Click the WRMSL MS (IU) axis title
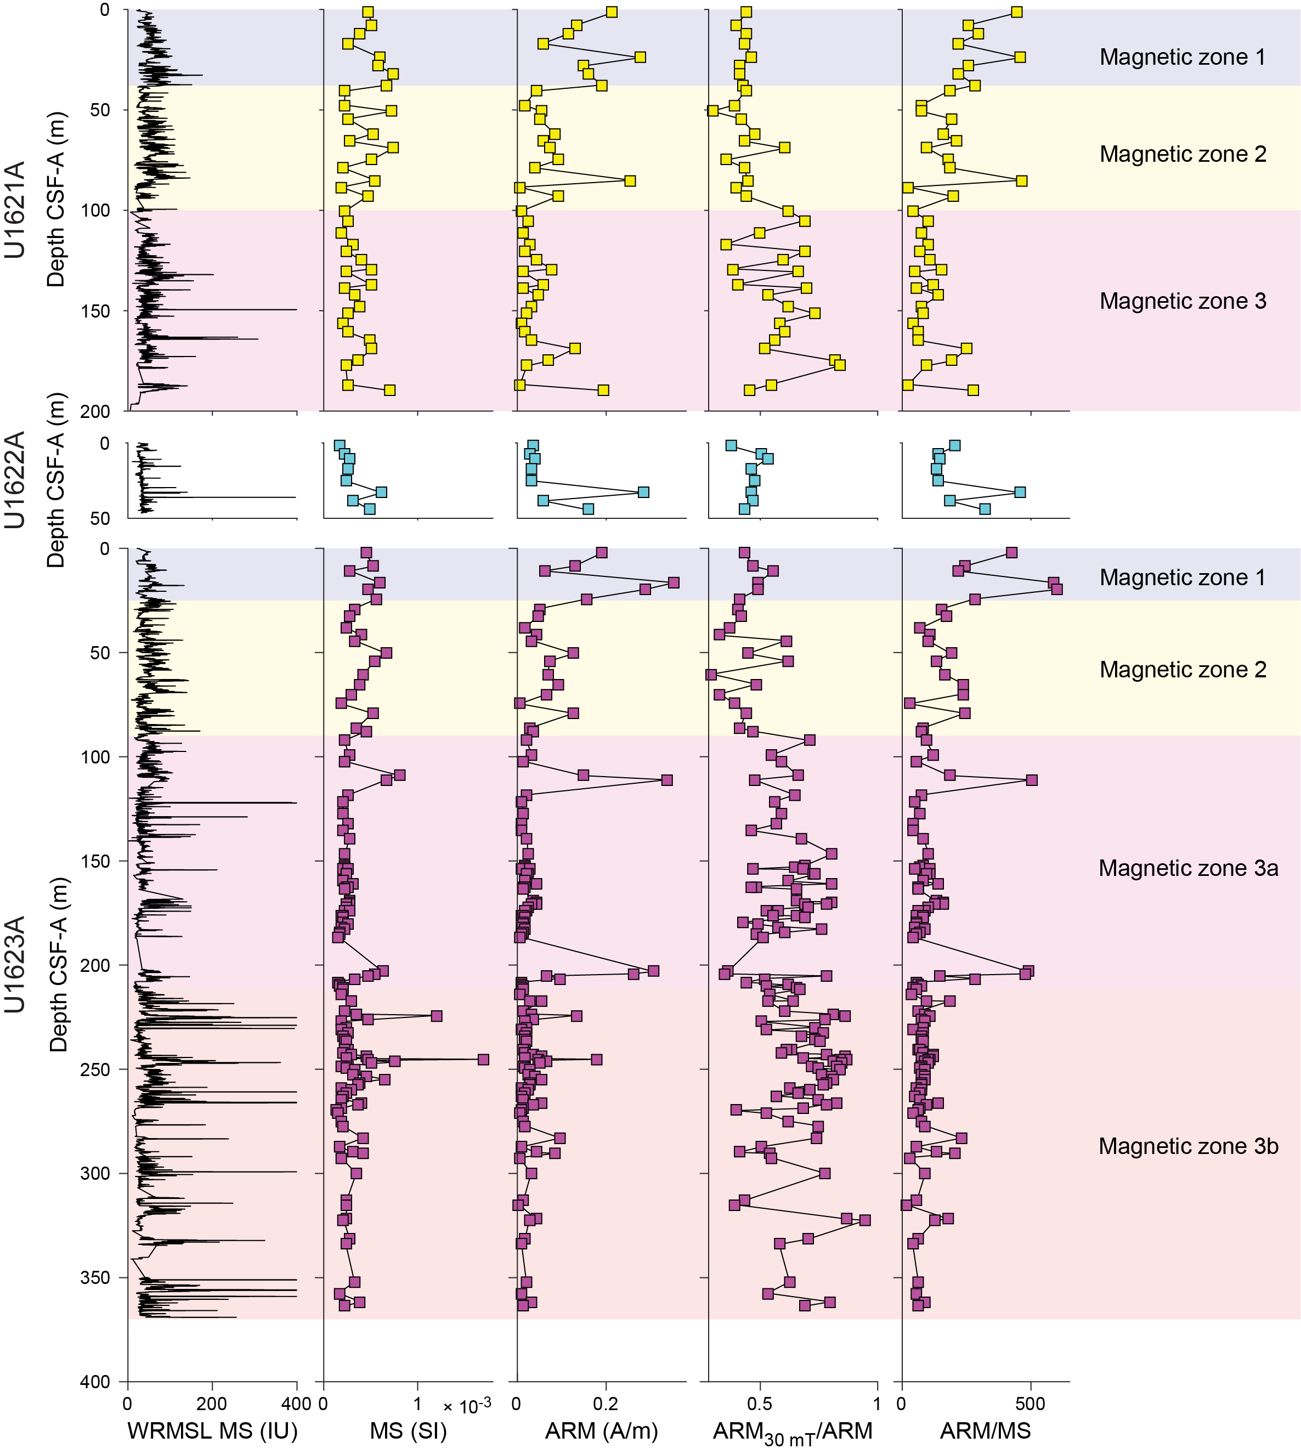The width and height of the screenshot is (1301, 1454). (x=212, y=1430)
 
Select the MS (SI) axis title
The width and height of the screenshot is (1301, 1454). (x=408, y=1430)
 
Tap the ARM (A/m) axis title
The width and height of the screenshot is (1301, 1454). (x=601, y=1430)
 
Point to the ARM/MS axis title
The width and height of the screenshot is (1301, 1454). (x=985, y=1430)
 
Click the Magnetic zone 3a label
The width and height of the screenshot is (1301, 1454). (x=1188, y=868)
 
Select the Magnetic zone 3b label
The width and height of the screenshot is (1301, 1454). (x=1188, y=1146)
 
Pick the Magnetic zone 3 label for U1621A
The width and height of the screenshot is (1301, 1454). (x=1183, y=301)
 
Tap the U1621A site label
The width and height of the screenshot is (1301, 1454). (x=16, y=210)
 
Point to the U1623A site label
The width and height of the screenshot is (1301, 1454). (x=16, y=964)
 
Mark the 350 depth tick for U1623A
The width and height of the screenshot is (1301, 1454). (x=91, y=1277)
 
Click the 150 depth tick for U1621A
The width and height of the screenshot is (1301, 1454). (x=91, y=311)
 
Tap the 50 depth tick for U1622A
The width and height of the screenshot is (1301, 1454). (x=99, y=518)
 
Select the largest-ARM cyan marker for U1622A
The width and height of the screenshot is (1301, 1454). (x=643, y=492)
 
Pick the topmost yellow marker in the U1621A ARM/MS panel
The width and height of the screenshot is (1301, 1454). (x=1016, y=12)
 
